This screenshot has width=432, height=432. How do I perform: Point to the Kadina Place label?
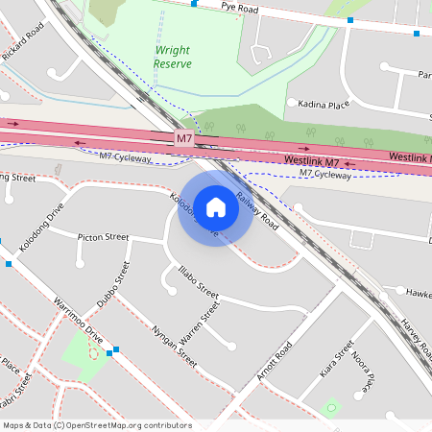click(x=324, y=103)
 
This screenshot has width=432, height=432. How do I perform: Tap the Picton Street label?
click(x=103, y=236)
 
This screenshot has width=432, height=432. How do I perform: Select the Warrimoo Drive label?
click(x=79, y=322)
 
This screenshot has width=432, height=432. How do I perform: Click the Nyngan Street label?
click(x=174, y=347)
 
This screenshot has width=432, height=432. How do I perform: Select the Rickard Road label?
click(x=23, y=42)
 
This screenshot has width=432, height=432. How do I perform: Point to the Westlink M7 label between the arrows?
click(x=312, y=160)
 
